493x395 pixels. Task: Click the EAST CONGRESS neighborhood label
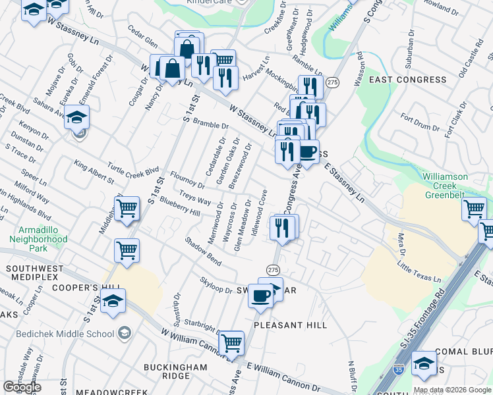coord(407,80)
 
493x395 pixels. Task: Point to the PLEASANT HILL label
coord(291,325)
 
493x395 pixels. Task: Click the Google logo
coord(22,387)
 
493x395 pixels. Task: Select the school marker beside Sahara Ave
coord(77,118)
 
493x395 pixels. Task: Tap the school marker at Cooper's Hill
coord(114,301)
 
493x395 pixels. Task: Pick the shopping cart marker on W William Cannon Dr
coord(231,342)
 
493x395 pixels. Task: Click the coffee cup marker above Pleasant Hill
coord(261,296)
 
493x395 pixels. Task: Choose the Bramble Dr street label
coord(210,126)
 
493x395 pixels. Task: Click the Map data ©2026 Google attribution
coord(452,390)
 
